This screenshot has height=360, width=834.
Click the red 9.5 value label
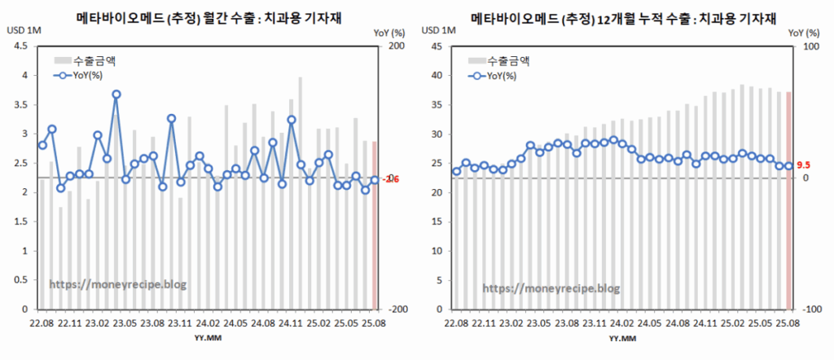[x=802, y=165]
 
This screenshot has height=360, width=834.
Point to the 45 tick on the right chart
[x=436, y=46]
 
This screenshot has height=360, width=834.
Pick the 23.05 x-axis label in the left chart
[x=125, y=323]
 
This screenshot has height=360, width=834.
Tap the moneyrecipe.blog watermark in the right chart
[x=551, y=288]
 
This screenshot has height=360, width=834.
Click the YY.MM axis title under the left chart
[x=205, y=336]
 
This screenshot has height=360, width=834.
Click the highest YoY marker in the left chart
[x=116, y=94]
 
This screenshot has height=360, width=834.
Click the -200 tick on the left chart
[x=396, y=310]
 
